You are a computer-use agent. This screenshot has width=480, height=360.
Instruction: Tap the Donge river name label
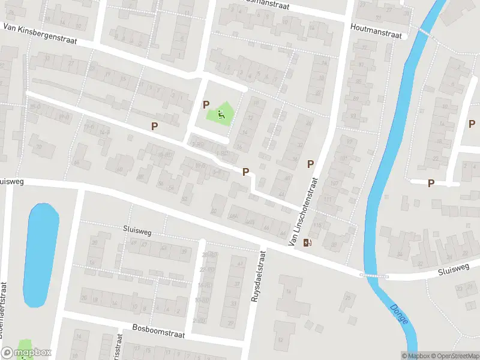(399, 313)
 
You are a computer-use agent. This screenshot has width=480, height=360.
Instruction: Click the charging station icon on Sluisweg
(308, 242)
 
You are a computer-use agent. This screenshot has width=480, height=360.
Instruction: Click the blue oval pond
(41, 255)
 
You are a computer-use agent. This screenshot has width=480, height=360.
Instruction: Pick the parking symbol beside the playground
(206, 104)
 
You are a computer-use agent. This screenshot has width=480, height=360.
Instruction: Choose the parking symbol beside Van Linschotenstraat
(311, 164)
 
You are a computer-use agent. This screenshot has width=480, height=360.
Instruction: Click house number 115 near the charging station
(317, 226)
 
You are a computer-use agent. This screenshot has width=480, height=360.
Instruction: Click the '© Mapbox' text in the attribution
(415, 356)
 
